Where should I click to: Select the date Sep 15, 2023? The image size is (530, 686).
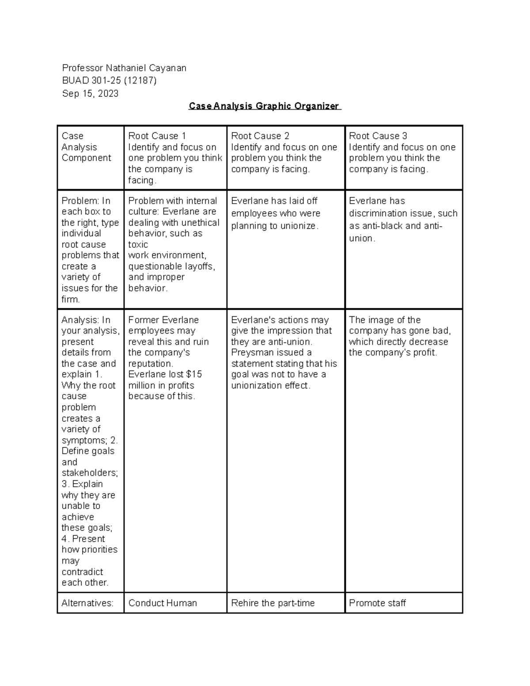90,94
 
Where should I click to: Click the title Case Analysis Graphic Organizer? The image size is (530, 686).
265,106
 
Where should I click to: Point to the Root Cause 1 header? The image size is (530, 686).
157,136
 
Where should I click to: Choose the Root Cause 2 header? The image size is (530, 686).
260,136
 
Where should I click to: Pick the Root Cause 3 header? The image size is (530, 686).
378,136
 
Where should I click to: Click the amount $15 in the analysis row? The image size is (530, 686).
194,374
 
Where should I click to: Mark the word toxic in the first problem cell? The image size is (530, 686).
138,244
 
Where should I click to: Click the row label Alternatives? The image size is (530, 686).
87,603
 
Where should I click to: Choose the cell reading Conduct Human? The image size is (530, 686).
163,603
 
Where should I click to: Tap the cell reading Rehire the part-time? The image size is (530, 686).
273,603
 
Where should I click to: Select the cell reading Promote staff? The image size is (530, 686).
377,603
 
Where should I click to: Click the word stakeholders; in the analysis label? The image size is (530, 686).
90,473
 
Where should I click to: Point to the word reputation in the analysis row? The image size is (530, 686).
150,364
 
